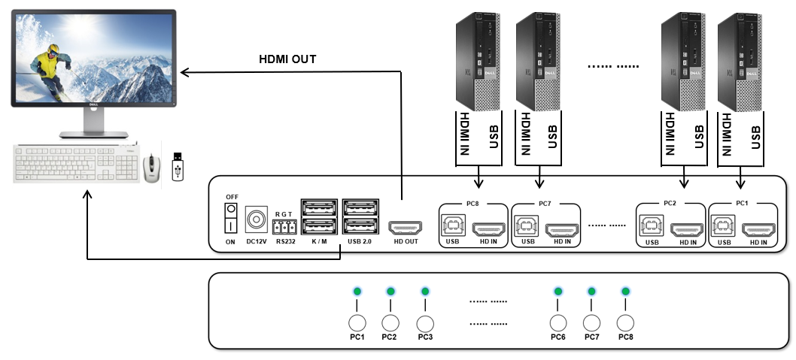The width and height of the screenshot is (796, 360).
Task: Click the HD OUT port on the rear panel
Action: [x=404, y=227]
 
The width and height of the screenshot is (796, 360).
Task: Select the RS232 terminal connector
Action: [x=284, y=227]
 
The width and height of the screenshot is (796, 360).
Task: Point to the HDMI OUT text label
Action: [x=288, y=59]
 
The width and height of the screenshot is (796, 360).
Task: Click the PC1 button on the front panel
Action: [x=357, y=322]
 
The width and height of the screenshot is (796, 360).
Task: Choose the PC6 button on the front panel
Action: [x=558, y=322]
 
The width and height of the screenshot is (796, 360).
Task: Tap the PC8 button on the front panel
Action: [x=625, y=322]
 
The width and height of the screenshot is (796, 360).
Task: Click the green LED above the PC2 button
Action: [x=390, y=292]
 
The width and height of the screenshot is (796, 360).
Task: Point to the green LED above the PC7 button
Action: [x=591, y=292]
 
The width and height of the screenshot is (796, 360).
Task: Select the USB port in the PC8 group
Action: [x=451, y=226]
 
